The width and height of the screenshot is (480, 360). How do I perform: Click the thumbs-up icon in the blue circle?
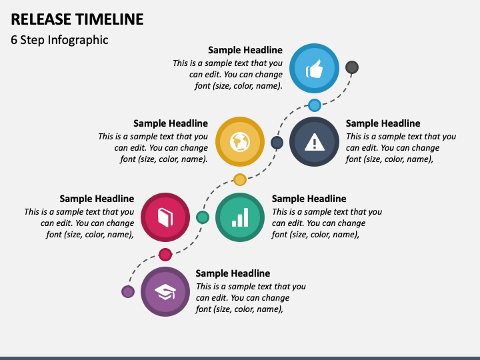(x=315, y=68)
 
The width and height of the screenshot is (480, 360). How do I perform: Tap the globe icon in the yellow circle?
(x=240, y=141)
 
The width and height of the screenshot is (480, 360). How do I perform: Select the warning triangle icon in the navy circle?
(x=314, y=141)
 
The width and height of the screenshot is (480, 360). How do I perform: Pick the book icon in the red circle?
(x=165, y=217)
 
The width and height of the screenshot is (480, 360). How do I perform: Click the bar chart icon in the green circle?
(x=240, y=217)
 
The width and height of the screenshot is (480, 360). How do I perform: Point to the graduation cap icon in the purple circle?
(x=165, y=291)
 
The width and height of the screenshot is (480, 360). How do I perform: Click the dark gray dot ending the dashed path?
(x=352, y=67)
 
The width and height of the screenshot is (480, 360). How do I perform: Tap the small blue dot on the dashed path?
(x=315, y=105)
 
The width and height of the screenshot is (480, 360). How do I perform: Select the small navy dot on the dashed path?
(x=277, y=142)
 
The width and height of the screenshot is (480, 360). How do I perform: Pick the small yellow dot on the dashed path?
(x=240, y=179)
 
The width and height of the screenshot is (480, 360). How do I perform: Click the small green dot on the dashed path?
(x=203, y=217)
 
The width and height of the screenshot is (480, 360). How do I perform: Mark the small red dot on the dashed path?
(x=165, y=254)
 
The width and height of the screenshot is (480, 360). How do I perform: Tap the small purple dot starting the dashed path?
(x=128, y=291)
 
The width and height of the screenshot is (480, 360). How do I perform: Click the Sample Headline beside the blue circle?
(x=245, y=50)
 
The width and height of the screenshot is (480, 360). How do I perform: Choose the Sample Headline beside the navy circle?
(x=383, y=123)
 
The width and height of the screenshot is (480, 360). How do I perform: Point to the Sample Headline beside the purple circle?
(x=233, y=273)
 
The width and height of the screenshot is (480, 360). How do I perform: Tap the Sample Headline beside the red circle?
(x=97, y=199)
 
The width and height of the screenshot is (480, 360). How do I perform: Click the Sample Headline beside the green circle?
(x=309, y=199)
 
